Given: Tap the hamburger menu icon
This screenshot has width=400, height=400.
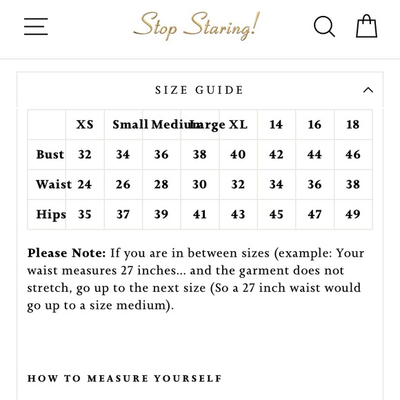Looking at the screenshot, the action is [x=36, y=26].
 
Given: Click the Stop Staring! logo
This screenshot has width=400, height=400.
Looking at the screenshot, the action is [x=197, y=26].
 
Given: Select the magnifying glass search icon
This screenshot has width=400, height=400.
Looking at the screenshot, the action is [x=324, y=26].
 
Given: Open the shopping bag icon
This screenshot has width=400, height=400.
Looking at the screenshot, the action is [x=366, y=26].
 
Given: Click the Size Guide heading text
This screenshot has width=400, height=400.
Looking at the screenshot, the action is [x=199, y=90].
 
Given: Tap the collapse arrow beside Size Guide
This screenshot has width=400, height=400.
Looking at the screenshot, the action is [x=368, y=90].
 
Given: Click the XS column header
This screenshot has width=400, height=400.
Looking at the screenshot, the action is [x=85, y=125].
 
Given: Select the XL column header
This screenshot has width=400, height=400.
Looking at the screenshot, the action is [x=238, y=125].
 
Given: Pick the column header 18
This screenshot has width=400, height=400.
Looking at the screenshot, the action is [x=352, y=125].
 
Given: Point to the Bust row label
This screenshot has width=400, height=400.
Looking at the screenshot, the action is [x=50, y=154].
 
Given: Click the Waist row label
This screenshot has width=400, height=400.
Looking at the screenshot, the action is [x=54, y=184].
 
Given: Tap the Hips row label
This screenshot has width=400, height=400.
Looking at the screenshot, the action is [x=51, y=214].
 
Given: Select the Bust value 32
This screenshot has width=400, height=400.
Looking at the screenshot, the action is [x=85, y=154].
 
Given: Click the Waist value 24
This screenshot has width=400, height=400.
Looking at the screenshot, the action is [x=85, y=184].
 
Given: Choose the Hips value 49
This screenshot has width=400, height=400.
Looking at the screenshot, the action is [x=352, y=214].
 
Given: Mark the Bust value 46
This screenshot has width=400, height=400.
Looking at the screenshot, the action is [x=352, y=154].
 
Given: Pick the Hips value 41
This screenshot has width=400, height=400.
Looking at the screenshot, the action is [x=200, y=214].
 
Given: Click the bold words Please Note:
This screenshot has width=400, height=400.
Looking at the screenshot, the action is [x=66, y=253].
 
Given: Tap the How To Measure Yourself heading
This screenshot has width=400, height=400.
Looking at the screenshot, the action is [x=125, y=378].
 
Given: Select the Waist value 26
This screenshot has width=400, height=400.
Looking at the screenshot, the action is [x=123, y=184].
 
